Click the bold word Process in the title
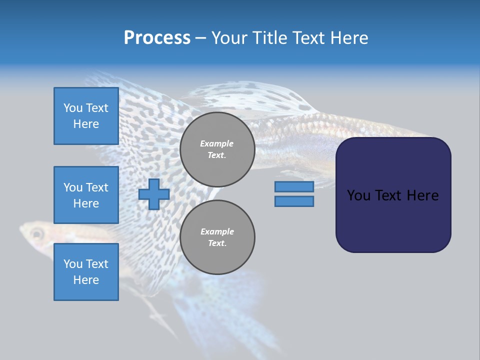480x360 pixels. [x=157, y=38]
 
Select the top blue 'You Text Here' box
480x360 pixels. [x=86, y=116]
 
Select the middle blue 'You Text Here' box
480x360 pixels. [x=86, y=195]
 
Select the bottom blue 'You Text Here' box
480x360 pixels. [x=86, y=272]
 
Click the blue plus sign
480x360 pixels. [x=154, y=194]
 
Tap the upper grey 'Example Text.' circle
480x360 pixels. [x=217, y=149]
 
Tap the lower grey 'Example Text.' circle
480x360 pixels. [x=217, y=237]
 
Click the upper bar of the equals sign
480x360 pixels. [x=294, y=186]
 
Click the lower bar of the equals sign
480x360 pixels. [x=294, y=201]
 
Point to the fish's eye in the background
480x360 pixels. [x=36, y=233]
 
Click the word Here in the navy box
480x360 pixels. [x=422, y=195]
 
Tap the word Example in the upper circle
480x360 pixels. [x=217, y=143]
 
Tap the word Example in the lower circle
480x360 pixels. [x=217, y=231]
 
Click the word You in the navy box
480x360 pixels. [x=358, y=195]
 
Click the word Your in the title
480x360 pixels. [x=228, y=38]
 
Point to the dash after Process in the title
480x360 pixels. [x=201, y=38]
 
